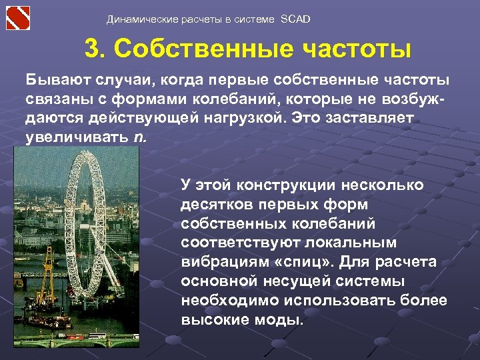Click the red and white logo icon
tap(19, 18)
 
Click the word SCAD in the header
tap(296, 19)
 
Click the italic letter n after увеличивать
tap(139, 138)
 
